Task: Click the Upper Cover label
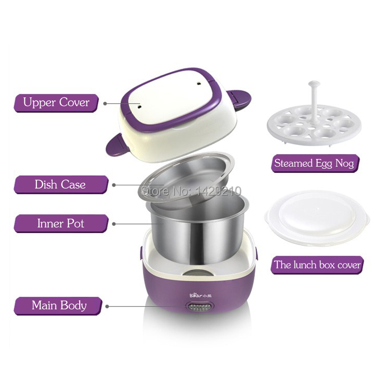pyautogui.click(x=56, y=103)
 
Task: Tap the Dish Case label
pyautogui.click(x=61, y=185)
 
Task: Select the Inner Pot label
pyautogui.click(x=61, y=223)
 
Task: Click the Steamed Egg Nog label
pyautogui.click(x=315, y=163)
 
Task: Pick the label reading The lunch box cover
pyautogui.click(x=317, y=265)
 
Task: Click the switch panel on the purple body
pyautogui.click(x=199, y=308)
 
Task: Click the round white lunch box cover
pyautogui.click(x=317, y=218)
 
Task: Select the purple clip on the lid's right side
pyautogui.click(x=238, y=99)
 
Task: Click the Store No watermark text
pyautogui.click(x=191, y=191)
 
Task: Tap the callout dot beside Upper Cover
pyautogui.click(x=105, y=104)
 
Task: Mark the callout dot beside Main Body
pyautogui.click(x=107, y=306)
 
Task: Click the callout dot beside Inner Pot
pyautogui.click(x=114, y=224)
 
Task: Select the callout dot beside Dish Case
pyautogui.click(x=114, y=185)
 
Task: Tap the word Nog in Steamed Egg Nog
pyautogui.click(x=344, y=163)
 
